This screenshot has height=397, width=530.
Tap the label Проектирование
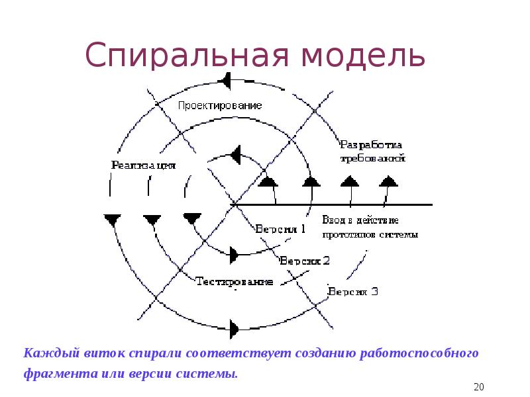(x=220, y=105)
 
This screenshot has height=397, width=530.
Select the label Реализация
(x=144, y=165)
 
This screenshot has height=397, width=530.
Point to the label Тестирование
(x=235, y=281)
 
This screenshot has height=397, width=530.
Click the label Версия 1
(x=280, y=229)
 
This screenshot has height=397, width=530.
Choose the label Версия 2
(x=305, y=261)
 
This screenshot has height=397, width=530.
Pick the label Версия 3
(x=353, y=290)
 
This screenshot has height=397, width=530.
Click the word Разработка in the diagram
(x=372, y=144)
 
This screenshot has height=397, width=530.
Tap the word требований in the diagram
(x=373, y=159)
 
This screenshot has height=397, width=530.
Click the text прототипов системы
(x=370, y=234)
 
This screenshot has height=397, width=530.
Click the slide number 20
(x=480, y=386)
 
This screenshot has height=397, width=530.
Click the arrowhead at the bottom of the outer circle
(x=235, y=327)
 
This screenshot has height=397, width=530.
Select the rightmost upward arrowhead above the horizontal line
(x=389, y=179)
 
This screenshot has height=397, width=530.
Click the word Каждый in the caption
(x=46, y=353)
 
